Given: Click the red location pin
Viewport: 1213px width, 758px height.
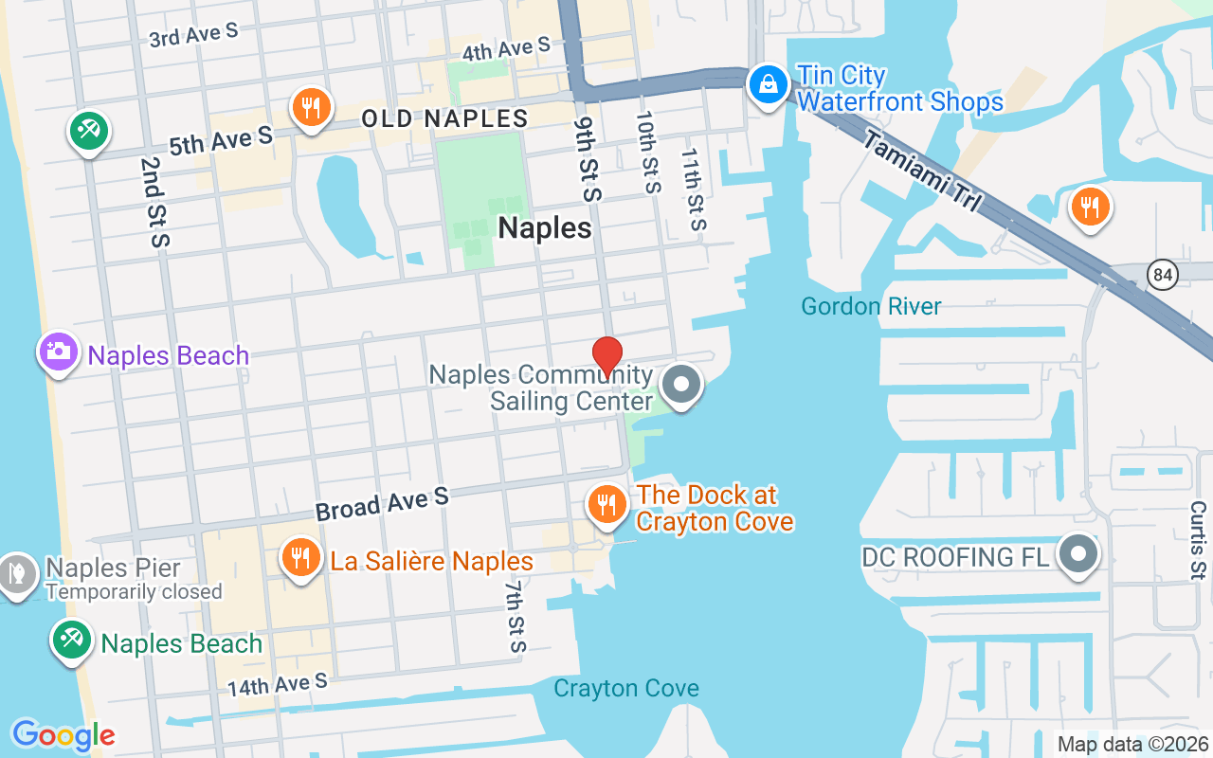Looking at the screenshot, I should point(606,357).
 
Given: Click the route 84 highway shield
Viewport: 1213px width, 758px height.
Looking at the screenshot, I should point(1162,276).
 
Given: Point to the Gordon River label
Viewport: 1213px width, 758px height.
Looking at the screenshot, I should point(871,306).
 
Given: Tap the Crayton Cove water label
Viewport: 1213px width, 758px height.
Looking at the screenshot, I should point(626,688).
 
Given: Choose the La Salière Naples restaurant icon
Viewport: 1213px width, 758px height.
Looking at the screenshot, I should point(301,558).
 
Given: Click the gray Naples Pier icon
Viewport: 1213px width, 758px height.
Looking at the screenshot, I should point(17,573).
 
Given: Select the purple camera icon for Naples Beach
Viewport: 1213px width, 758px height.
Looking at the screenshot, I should point(59,352).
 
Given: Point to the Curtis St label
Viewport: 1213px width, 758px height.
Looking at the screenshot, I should point(1198,540).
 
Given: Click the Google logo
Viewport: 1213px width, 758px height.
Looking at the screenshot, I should point(63,734).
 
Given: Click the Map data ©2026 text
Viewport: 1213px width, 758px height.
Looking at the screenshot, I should point(1132,744).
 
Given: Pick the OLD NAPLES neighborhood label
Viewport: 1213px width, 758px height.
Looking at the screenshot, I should point(444,118).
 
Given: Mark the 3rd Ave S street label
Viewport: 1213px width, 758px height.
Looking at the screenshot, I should point(194,36).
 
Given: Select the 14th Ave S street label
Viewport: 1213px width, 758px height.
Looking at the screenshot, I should point(277,683).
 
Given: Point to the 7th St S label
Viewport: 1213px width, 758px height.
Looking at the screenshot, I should point(514,617).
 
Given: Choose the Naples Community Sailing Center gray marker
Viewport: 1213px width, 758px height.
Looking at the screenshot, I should point(680,386).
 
